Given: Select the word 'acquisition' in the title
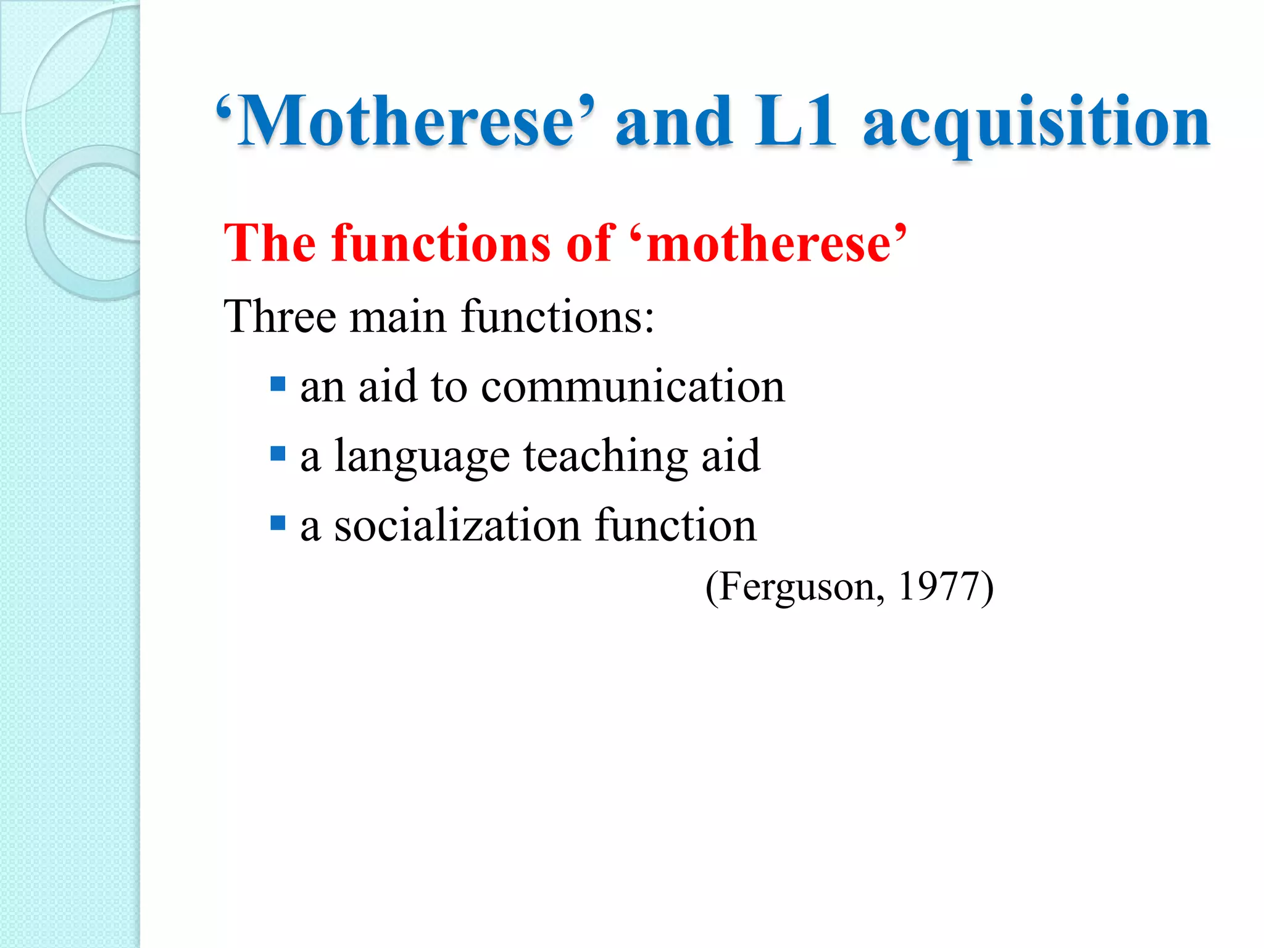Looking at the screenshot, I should point(1036,123).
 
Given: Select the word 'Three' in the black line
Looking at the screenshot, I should point(280,317).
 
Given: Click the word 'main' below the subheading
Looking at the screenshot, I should point(397,317).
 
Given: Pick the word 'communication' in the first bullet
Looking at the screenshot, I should point(633,386).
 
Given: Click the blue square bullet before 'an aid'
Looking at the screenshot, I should point(278,385).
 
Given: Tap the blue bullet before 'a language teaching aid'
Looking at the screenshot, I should point(278,454).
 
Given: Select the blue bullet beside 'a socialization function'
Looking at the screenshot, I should point(278,524).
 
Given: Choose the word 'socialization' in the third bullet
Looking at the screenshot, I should point(457,526).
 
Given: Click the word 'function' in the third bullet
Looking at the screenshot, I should point(676,526).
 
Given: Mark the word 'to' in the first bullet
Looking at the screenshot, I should point(449,387).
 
